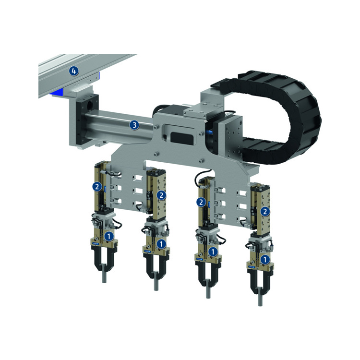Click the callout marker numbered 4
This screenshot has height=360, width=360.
(x=73, y=71)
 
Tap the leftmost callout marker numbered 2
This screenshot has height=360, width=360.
(x=97, y=186)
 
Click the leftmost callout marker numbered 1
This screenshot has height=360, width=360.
(x=109, y=236)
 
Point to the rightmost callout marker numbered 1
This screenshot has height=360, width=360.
(x=264, y=259)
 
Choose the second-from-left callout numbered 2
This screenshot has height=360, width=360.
(x=161, y=194)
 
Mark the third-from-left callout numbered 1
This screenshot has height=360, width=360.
(x=213, y=251)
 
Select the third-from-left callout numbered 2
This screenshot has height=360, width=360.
(x=202, y=203)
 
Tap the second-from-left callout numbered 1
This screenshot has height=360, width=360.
(x=161, y=243)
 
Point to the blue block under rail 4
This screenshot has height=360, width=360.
(x=59, y=91)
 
